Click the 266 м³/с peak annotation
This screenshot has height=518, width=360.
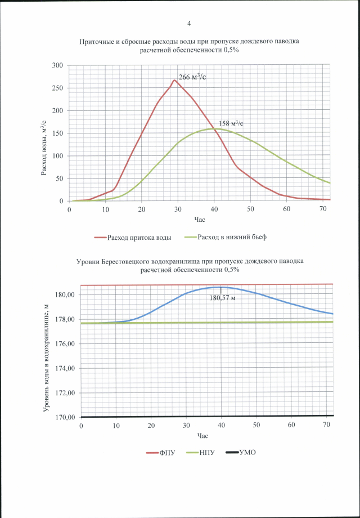[x=192, y=77]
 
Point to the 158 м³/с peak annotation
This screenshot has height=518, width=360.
[x=231, y=123]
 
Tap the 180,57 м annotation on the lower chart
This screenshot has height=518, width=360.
[x=222, y=298]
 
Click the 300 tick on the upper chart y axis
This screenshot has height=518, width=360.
[x=57, y=65]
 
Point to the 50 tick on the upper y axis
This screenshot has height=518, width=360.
[x=59, y=178]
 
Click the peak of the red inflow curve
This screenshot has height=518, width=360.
[x=174, y=80]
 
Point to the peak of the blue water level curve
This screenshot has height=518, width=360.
[x=221, y=287]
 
